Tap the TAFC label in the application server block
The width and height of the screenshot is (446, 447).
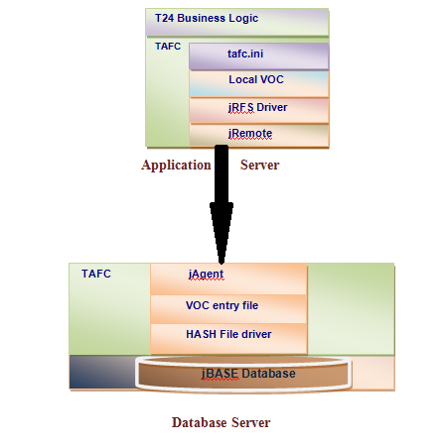(168, 46)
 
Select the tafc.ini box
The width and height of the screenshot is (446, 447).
(258, 56)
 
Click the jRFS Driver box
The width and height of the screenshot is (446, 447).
(258, 109)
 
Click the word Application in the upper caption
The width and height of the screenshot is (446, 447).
(176, 166)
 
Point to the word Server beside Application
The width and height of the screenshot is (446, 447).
(259, 166)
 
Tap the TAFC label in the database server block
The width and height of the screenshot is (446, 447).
(96, 273)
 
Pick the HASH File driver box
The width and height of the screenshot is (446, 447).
(228, 335)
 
